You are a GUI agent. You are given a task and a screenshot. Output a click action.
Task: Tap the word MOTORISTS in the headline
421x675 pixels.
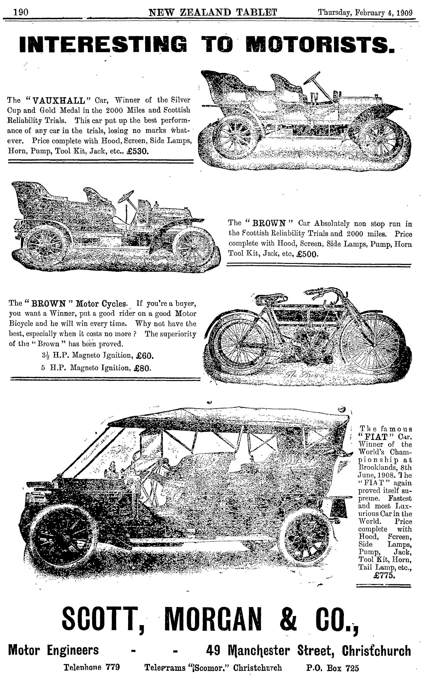pyautogui.click(x=318, y=44)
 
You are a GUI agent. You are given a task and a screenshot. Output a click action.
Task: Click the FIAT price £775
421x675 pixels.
pyautogui.click(x=384, y=576)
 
